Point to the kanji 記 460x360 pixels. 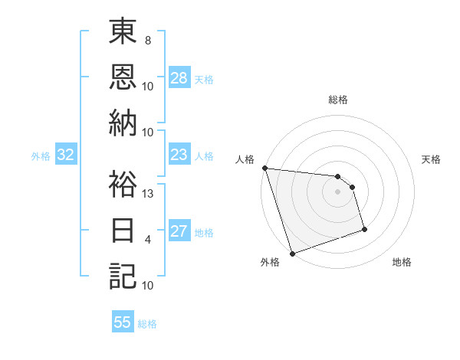pyautogui.click(x=123, y=275)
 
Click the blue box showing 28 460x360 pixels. pyautogui.click(x=179, y=78)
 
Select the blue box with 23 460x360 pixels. pyautogui.click(x=179, y=155)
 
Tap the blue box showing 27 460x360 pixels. pyautogui.click(x=179, y=232)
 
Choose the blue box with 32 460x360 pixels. pyautogui.click(x=66, y=155)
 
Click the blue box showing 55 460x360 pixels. pyautogui.click(x=123, y=322)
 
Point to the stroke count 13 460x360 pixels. pyautogui.click(x=149, y=194)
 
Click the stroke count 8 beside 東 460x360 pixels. pyautogui.click(x=148, y=40)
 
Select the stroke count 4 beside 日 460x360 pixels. pyautogui.click(x=148, y=240)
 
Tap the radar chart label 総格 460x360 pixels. pyautogui.click(x=338, y=100)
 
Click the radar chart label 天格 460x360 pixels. pyautogui.click(x=431, y=160)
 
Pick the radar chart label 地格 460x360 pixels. pyautogui.click(x=402, y=263)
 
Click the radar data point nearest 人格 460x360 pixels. pyautogui.click(x=264, y=168)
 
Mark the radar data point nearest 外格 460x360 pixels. pyautogui.click(x=292, y=254)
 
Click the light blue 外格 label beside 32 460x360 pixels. pyautogui.click(x=41, y=156)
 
